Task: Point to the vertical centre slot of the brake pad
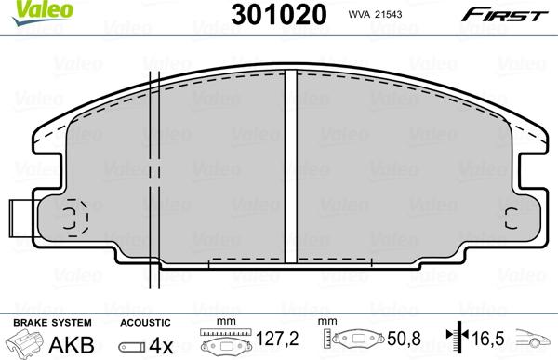tap(289, 167)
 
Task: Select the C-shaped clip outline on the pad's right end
tap(510, 219)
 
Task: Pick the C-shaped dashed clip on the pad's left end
tap(72, 218)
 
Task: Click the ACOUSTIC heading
tap(145, 321)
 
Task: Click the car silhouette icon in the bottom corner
tap(537, 341)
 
